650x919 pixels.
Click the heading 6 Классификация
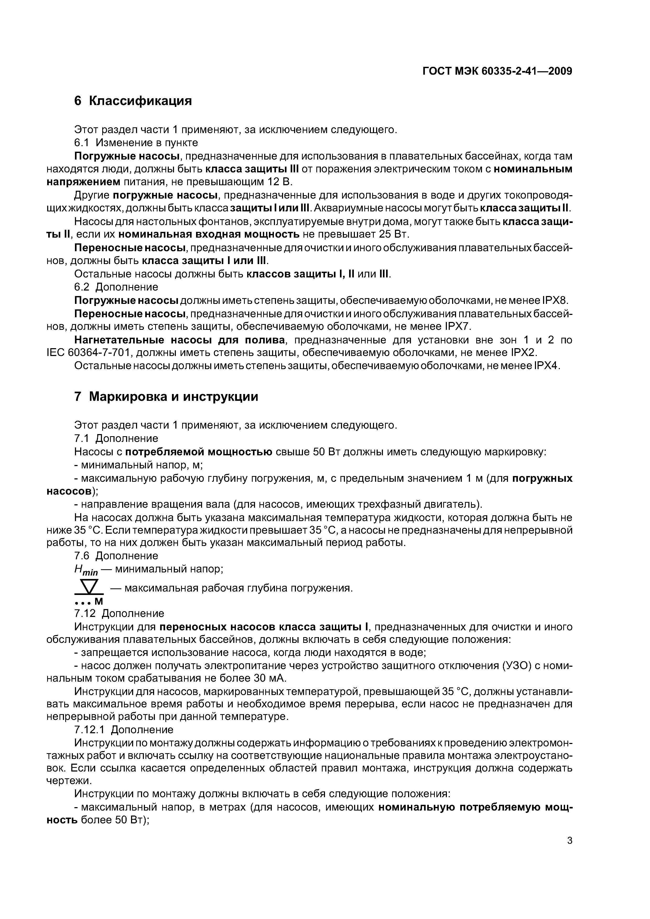133,101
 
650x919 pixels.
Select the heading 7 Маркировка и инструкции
166,397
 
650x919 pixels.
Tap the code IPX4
546,366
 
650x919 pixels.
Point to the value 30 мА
270,679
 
